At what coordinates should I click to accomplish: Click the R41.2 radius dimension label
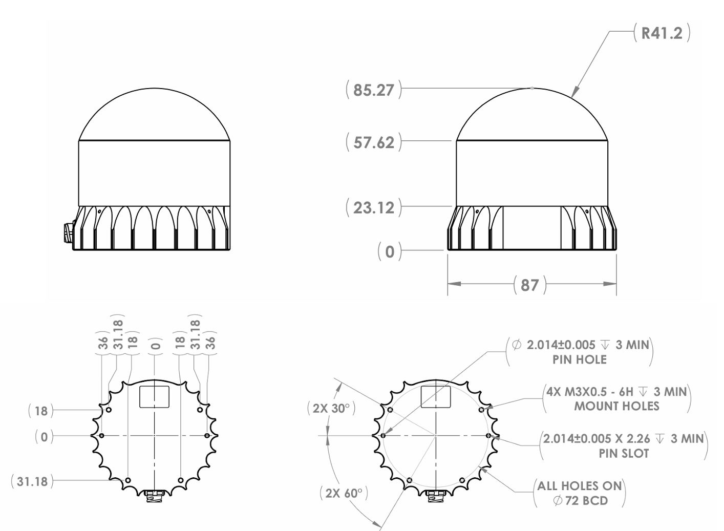pos(662,34)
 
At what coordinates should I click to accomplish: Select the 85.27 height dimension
pos(374,90)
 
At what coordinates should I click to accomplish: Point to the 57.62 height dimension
pos(374,142)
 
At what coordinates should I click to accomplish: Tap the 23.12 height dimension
pos(374,208)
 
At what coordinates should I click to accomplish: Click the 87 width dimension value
pos(529,285)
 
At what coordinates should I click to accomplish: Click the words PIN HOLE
pos(579,359)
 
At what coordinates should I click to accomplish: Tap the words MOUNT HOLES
pos(616,407)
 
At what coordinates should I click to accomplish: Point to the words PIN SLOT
pos(624,453)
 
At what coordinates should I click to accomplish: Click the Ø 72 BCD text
pos(580,500)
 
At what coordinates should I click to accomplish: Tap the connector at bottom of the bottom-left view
pos(154,496)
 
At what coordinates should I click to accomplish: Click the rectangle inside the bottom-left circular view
pos(154,397)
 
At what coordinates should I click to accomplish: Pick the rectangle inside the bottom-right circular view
pos(435,397)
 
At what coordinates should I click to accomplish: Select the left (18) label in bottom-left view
pos(41,411)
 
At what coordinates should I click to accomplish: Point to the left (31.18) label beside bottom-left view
pos(32,481)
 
